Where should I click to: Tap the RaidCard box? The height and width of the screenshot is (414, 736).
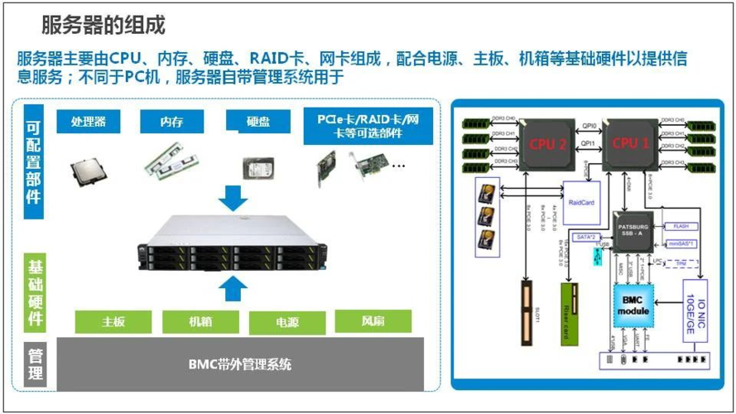click(x=581, y=202)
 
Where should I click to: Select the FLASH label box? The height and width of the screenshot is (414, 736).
click(x=681, y=226)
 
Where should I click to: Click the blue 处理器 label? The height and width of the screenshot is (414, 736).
click(x=89, y=122)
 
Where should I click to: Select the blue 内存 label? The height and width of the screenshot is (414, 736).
click(x=172, y=122)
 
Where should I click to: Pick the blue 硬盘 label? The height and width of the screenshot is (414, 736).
click(x=257, y=122)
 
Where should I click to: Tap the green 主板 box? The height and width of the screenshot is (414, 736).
click(x=113, y=321)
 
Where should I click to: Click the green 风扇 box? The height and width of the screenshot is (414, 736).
click(x=373, y=320)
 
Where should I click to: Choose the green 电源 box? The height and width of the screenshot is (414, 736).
click(x=286, y=322)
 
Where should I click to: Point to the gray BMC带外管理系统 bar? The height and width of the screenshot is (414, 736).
click(x=240, y=363)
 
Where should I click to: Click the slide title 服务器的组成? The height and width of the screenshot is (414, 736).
click(x=103, y=26)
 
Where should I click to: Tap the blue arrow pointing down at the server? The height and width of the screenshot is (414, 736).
click(x=235, y=198)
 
